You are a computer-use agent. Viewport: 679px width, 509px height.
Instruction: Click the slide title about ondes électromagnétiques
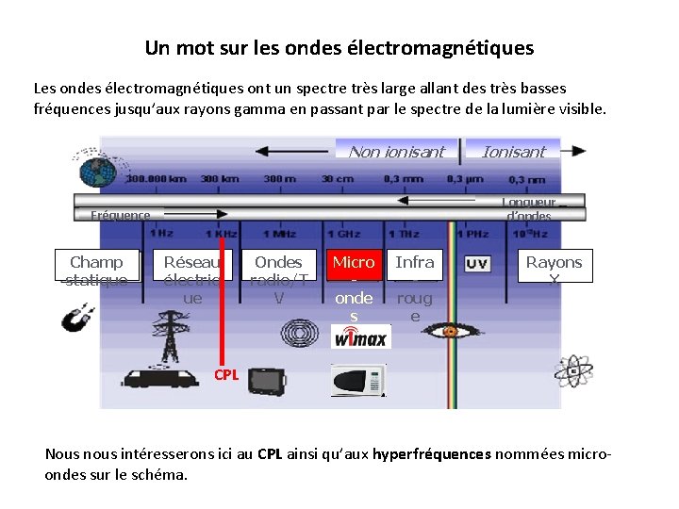tap(339, 47)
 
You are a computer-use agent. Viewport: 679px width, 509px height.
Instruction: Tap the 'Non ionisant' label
tap(396, 152)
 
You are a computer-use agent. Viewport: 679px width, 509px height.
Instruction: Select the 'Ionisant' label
tap(513, 152)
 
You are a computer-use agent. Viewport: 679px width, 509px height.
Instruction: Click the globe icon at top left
tap(95, 172)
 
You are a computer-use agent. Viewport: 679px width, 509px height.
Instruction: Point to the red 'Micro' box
tap(353, 263)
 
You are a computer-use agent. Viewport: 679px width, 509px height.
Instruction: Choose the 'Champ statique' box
tap(96, 268)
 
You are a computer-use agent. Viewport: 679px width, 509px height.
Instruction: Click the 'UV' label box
tap(477, 264)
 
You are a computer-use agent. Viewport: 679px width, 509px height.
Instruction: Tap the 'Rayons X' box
tap(555, 267)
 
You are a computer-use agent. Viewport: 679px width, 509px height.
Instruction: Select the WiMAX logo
tap(359, 338)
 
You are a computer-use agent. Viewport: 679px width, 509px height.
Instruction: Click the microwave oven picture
tap(357, 380)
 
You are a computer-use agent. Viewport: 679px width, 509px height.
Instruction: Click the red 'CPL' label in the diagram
tap(225, 375)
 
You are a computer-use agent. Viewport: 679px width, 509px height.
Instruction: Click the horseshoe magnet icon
tap(75, 321)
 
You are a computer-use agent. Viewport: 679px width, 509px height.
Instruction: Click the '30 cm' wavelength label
tap(337, 178)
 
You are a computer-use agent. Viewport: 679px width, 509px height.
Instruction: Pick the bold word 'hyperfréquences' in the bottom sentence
tap(432, 453)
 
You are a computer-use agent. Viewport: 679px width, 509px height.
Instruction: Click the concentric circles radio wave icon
tap(300, 335)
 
